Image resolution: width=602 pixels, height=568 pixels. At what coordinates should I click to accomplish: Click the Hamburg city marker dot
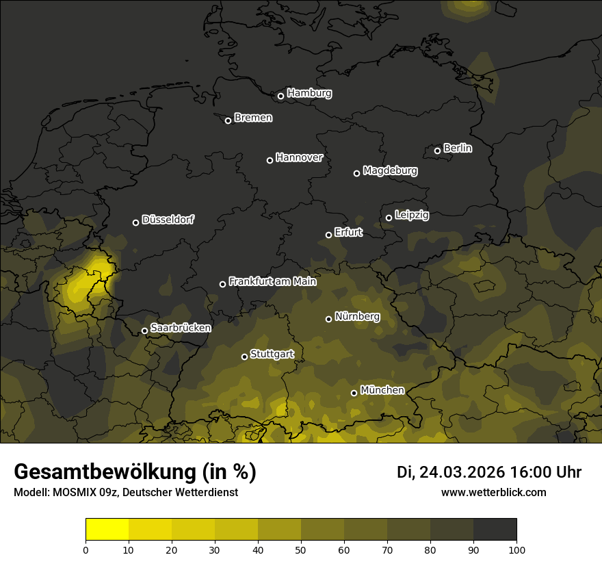tap(280, 96)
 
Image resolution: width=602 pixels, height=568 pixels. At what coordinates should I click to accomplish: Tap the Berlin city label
tap(458, 148)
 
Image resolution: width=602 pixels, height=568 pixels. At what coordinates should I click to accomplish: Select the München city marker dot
tap(354, 393)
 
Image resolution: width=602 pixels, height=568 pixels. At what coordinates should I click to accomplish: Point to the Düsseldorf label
tap(168, 220)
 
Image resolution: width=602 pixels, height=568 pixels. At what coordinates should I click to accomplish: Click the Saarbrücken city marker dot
tap(144, 331)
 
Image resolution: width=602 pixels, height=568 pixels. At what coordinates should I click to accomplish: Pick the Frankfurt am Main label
tap(273, 281)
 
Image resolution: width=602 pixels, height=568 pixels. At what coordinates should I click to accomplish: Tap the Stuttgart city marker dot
tap(244, 357)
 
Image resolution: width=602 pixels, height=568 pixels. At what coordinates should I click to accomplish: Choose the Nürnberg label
tap(357, 316)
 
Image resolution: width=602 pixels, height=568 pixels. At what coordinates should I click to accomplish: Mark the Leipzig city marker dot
tap(389, 218)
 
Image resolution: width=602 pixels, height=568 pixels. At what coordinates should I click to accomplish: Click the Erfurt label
tap(348, 232)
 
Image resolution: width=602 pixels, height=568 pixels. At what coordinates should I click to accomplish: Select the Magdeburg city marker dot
tap(356, 173)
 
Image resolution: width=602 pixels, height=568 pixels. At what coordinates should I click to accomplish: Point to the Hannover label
tap(299, 157)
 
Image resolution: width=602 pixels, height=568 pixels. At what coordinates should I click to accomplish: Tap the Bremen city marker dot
tap(228, 120)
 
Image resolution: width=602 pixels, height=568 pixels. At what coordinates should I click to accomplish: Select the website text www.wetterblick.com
tap(494, 492)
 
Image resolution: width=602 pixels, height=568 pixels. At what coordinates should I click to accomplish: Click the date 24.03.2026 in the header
tap(462, 472)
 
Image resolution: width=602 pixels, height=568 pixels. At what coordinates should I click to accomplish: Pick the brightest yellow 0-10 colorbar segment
tap(107, 530)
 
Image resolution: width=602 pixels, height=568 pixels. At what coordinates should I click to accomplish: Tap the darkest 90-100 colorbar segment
tap(495, 530)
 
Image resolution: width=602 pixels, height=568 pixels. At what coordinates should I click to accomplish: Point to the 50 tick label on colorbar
tap(301, 549)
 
